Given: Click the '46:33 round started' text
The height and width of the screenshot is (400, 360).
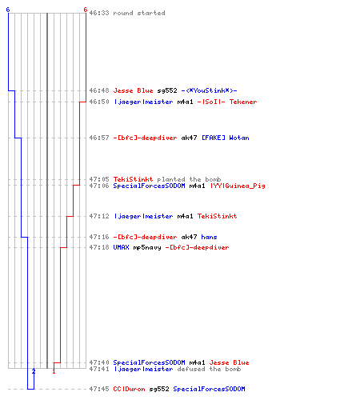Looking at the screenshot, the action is point(127,13).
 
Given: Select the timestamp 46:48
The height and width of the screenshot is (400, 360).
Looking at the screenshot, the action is point(99,90).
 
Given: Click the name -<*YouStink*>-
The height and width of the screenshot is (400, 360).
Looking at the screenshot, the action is point(209,90).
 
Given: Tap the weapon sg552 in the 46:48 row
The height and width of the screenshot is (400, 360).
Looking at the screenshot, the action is point(167,91).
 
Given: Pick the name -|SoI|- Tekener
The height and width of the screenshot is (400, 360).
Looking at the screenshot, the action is point(227,102).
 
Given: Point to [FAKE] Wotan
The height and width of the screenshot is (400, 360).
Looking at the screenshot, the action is point(226,138).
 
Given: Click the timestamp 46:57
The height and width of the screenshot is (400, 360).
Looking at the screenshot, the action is point(99,138).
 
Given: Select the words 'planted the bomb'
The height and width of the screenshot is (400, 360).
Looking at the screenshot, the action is point(189,179).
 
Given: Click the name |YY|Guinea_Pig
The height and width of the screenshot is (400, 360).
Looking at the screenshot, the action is point(238,186).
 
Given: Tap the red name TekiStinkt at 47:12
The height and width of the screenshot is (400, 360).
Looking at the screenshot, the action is point(217,216).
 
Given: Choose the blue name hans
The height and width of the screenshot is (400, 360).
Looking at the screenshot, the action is point(209,237).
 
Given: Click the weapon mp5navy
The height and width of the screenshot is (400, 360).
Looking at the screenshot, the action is point(147,248).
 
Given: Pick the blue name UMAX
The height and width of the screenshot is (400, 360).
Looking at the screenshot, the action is point(121,247).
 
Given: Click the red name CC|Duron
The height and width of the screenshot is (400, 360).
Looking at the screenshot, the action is point(129,389).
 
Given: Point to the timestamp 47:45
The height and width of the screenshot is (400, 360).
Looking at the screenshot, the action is point(99,389).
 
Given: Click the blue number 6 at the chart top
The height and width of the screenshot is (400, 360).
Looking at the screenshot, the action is point(8,10).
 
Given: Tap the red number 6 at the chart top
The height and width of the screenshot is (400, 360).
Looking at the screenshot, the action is point(86,10).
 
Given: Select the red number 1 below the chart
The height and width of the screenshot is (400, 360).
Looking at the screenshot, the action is point(54,371).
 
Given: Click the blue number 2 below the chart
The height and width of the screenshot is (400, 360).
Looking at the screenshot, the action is point(34,371).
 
